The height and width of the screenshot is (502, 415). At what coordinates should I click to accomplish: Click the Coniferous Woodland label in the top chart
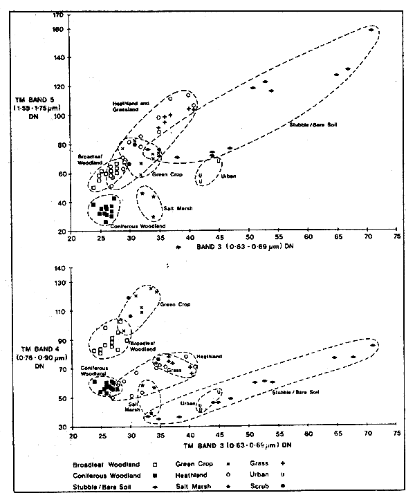click(x=107, y=226)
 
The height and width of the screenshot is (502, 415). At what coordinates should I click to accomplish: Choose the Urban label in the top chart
click(x=228, y=176)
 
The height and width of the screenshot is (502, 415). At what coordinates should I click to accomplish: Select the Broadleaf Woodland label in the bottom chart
click(x=145, y=346)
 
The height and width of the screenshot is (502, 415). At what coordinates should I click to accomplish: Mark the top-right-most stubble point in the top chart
click(x=371, y=30)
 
